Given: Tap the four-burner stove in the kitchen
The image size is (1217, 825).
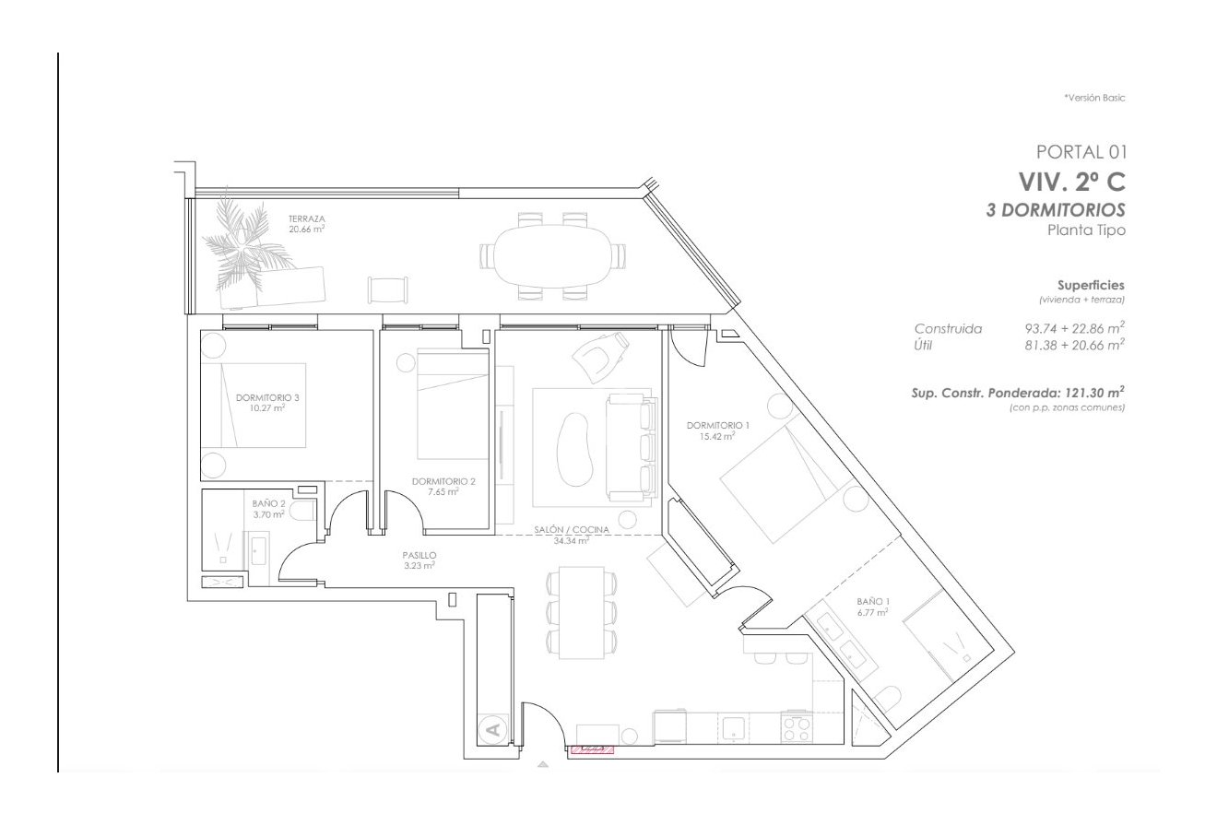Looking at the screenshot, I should coord(796,729).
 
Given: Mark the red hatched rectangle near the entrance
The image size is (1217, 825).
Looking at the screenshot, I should coord(591,749).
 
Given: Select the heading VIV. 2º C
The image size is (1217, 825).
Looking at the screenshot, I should coord(1071,182).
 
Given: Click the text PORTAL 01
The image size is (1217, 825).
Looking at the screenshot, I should coord(1081,151).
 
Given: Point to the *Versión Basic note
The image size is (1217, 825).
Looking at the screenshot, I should coord(1094,97).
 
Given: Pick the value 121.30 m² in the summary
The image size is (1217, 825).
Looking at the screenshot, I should coord(1094,392).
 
